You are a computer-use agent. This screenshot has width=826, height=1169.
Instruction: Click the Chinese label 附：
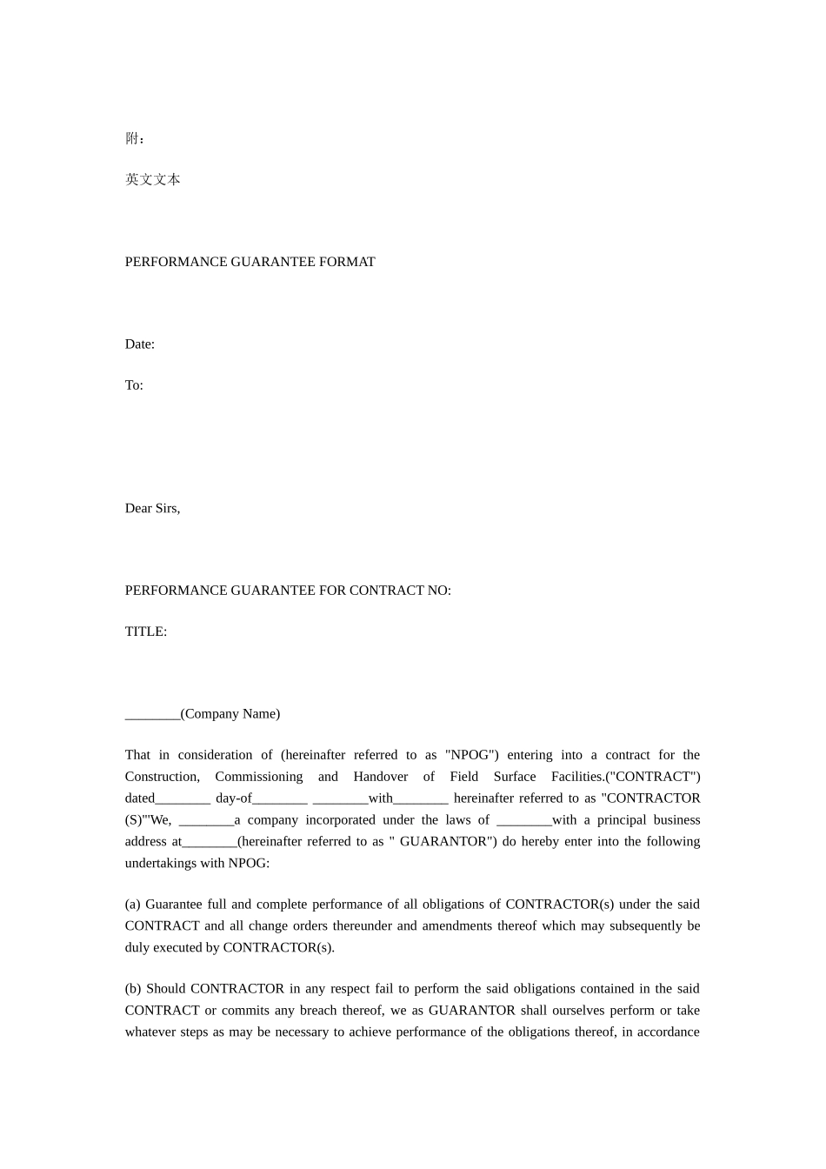coord(135,138)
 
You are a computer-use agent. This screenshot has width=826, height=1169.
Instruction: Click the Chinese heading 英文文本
coord(152,179)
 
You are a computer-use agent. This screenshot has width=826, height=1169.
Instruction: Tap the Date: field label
coord(139,344)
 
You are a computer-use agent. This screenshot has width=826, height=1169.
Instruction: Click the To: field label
coord(134,385)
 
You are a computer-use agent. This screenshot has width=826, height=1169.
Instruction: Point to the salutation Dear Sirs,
coord(152,509)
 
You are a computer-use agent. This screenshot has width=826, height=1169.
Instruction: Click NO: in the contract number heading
coord(439,591)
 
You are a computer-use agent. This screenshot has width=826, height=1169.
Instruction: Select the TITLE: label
coord(145,631)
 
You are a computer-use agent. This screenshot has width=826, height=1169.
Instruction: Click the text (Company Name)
coord(230,714)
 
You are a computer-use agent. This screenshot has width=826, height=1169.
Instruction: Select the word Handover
coord(380,777)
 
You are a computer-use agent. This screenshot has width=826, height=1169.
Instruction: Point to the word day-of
coord(233,798)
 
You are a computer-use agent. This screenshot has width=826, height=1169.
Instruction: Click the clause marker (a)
coord(133,905)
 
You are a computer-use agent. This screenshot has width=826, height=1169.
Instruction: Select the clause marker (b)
coord(134,989)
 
